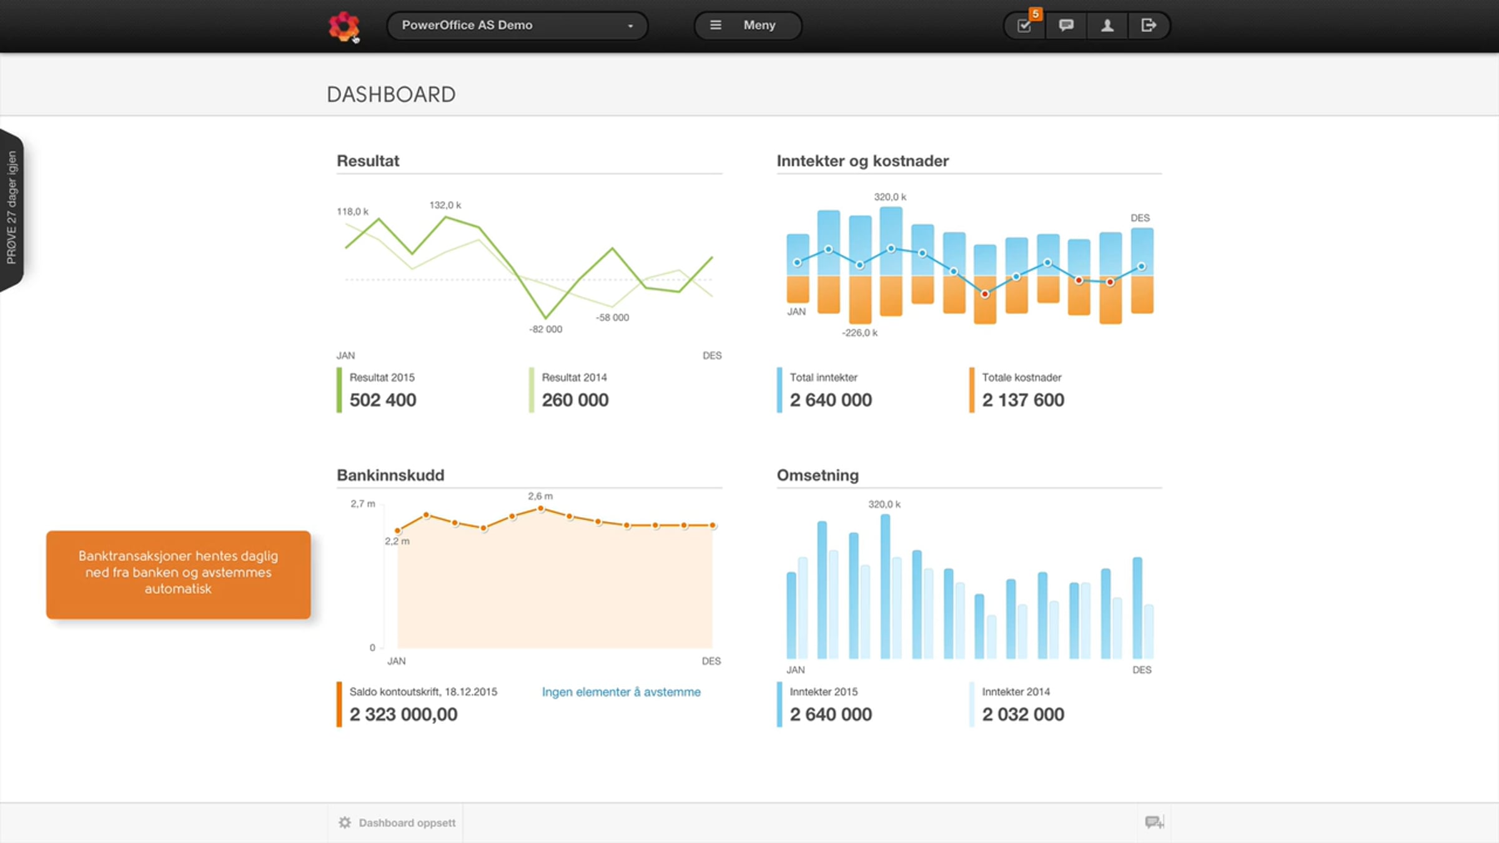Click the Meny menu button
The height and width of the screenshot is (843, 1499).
pos(748,26)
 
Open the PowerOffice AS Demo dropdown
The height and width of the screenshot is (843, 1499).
pos(517,26)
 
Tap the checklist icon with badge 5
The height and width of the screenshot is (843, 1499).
pos(1025,26)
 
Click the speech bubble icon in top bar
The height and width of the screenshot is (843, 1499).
pos(1066,26)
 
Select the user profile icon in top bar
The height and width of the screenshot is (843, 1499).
pos(1107,26)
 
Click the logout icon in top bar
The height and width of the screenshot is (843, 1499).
pos(1149,26)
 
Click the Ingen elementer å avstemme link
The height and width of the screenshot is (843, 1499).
pos(621,692)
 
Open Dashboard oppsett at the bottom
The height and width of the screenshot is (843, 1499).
pos(397,823)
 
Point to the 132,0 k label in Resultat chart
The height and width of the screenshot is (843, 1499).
pos(445,205)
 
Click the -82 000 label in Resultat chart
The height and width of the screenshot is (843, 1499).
pos(546,329)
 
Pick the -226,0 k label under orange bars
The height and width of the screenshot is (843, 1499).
pos(859,333)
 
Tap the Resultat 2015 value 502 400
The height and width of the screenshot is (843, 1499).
pos(383,400)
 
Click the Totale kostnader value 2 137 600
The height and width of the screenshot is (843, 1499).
pos(1023,400)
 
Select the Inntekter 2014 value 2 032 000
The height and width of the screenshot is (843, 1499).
pos(1023,714)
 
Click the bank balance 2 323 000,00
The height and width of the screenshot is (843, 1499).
pos(403,714)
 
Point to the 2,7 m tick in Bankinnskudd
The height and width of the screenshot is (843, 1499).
pos(363,504)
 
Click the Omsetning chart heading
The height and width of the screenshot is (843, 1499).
pos(818,475)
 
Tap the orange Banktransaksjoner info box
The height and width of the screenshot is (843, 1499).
pos(178,574)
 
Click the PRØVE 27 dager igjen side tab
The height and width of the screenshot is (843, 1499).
pos(12,209)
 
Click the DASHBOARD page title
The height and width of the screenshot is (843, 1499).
pos(391,95)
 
